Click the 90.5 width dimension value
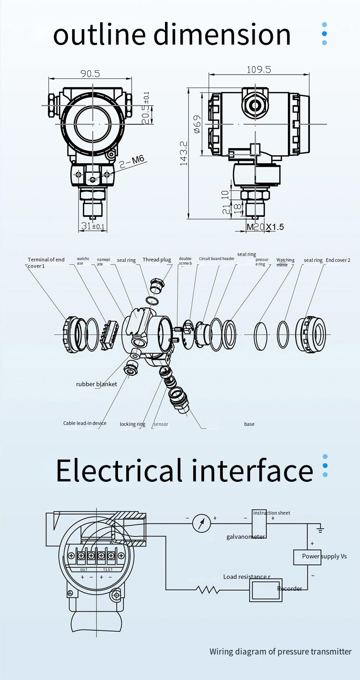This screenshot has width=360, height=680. (x=90, y=73)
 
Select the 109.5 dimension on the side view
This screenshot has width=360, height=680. (x=258, y=69)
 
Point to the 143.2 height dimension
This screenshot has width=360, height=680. (x=184, y=153)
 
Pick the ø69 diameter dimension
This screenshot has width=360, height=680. (x=197, y=124)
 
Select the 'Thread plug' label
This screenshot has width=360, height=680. (x=156, y=260)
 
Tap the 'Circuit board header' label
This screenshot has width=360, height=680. (x=216, y=259)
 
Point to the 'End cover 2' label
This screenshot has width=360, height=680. (x=338, y=260)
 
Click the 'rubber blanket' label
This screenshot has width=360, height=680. (x=96, y=384)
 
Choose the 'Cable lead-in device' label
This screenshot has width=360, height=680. (x=85, y=423)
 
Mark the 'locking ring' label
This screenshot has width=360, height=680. (x=132, y=424)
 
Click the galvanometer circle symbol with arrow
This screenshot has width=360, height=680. (x=201, y=523)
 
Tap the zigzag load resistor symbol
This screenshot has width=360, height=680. (x=207, y=590)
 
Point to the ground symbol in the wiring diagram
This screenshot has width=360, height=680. (x=320, y=530)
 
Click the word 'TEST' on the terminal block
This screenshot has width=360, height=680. (x=108, y=570)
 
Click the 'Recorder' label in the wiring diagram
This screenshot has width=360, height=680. (x=289, y=588)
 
